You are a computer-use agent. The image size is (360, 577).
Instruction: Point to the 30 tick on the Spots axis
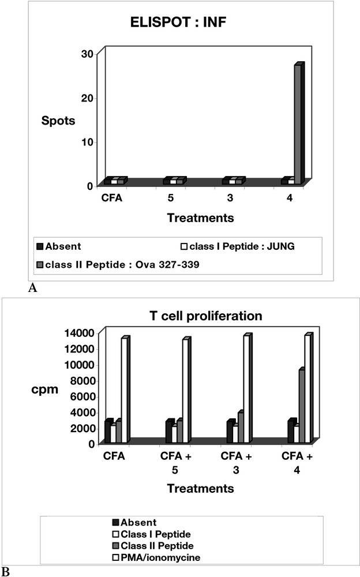tap(88, 54)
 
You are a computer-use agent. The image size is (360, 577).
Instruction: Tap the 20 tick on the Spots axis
tap(88, 98)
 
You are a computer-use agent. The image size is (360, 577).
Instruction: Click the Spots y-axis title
tap(55, 121)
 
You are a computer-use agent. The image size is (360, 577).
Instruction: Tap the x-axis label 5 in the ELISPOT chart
tap(171, 198)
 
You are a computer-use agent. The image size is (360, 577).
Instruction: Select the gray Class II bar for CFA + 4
tap(302, 406)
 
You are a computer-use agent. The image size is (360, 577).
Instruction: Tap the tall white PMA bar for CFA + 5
tap(185, 391)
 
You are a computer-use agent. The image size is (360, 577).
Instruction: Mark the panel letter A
tap(33, 289)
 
